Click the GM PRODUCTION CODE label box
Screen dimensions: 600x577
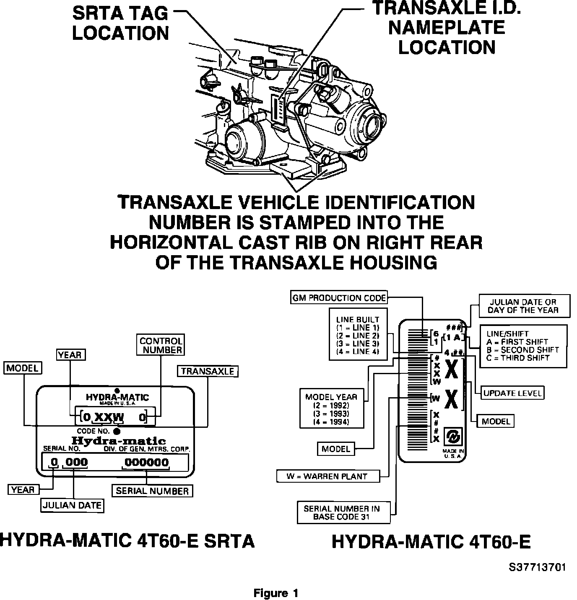click(x=339, y=298)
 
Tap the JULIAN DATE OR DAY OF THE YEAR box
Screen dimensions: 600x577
click(x=523, y=306)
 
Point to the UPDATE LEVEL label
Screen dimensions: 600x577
click(x=512, y=393)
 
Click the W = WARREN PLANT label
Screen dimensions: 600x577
click(x=327, y=476)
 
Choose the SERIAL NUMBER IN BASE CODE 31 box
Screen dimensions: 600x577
click(x=342, y=512)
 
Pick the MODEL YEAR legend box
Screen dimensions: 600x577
click(x=331, y=409)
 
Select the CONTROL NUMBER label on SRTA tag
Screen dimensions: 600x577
click(x=161, y=345)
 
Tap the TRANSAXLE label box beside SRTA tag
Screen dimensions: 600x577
click(x=208, y=371)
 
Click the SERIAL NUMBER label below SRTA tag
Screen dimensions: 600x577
click(x=152, y=491)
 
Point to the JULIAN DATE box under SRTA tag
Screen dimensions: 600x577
click(x=73, y=505)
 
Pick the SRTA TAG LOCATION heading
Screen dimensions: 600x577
click(x=120, y=23)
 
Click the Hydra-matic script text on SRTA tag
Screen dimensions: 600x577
click(x=119, y=441)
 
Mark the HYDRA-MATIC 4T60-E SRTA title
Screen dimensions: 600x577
click(x=127, y=541)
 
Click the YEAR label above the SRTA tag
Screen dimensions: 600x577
click(x=70, y=355)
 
